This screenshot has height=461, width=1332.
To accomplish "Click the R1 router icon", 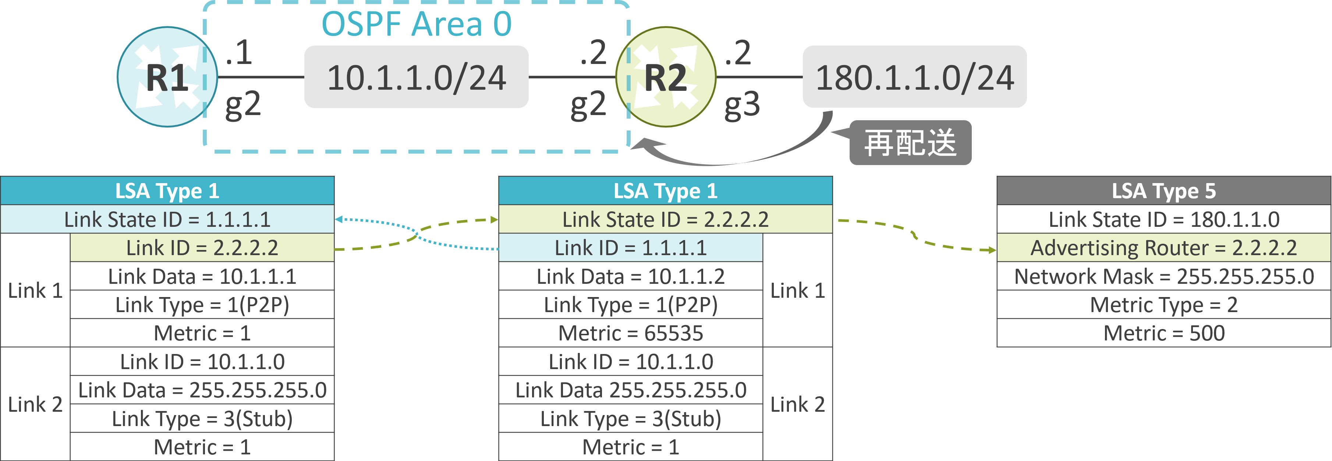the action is point(167,77).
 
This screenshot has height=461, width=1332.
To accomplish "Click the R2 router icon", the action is point(666,77).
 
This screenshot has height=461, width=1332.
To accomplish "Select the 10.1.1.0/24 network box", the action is point(416,77).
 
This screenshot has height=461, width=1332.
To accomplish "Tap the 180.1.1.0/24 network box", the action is point(915,77).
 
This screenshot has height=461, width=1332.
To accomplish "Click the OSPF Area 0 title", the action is point(417,24).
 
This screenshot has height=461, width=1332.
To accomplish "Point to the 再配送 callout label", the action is point(911,143).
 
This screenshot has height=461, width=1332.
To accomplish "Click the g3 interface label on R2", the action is point(742,105).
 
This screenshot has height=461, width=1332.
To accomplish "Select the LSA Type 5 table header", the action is point(1164,191).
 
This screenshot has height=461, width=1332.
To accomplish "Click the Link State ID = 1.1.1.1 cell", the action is point(167,219).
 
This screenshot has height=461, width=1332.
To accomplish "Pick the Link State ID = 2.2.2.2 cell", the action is point(666,219).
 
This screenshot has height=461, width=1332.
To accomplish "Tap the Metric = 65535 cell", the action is point(631,333).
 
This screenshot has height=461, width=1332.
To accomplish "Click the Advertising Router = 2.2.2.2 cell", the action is point(1164,247).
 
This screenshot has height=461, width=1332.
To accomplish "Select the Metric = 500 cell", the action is point(1164,333).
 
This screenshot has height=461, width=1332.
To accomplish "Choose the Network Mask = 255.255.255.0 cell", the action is point(1164,276).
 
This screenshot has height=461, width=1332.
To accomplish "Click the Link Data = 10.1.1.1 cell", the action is point(202,276).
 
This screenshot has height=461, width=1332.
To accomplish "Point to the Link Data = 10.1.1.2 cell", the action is point(631,276).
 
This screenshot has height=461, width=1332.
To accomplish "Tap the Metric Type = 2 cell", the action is point(1164,304).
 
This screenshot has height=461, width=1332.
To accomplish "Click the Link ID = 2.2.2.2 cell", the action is point(202,247).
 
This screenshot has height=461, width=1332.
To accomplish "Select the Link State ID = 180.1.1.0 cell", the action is point(1164,219).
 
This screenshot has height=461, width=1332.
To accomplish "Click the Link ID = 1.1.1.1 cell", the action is point(631,247).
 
